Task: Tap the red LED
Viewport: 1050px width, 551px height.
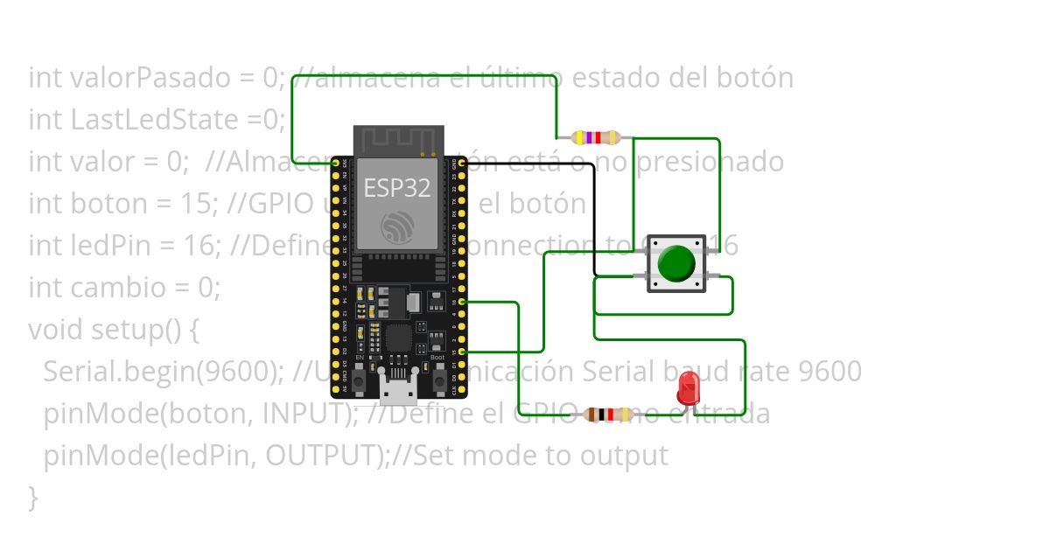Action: click(x=689, y=387)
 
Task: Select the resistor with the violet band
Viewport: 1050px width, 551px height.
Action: click(x=595, y=137)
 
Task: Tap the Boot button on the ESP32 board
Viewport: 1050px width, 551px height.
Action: click(x=438, y=381)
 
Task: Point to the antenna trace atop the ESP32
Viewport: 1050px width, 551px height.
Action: click(x=398, y=139)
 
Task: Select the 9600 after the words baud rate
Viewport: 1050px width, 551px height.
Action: click(x=830, y=372)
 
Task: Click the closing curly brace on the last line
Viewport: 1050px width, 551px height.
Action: click(x=33, y=498)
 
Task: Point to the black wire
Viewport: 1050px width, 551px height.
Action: click(x=595, y=219)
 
